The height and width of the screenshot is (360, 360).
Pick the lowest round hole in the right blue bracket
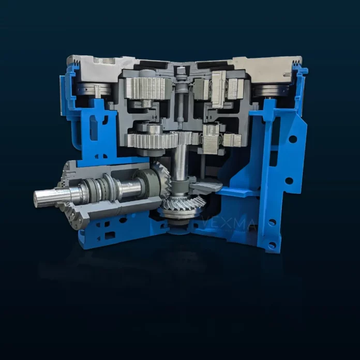(x=273, y=245)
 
